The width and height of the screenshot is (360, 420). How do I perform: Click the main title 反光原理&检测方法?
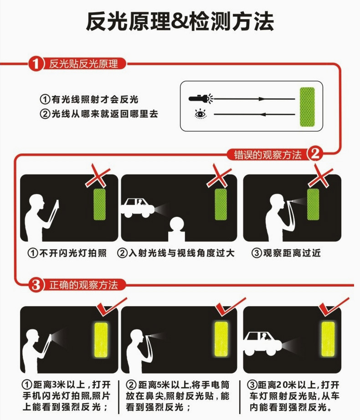(180, 21)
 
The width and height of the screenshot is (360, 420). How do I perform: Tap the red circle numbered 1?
(36, 64)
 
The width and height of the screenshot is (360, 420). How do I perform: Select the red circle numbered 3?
(36, 285)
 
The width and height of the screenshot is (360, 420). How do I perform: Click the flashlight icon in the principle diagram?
(201, 98)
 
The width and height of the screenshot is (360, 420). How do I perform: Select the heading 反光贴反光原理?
(83, 64)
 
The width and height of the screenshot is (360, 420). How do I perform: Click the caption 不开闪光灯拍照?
(67, 253)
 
